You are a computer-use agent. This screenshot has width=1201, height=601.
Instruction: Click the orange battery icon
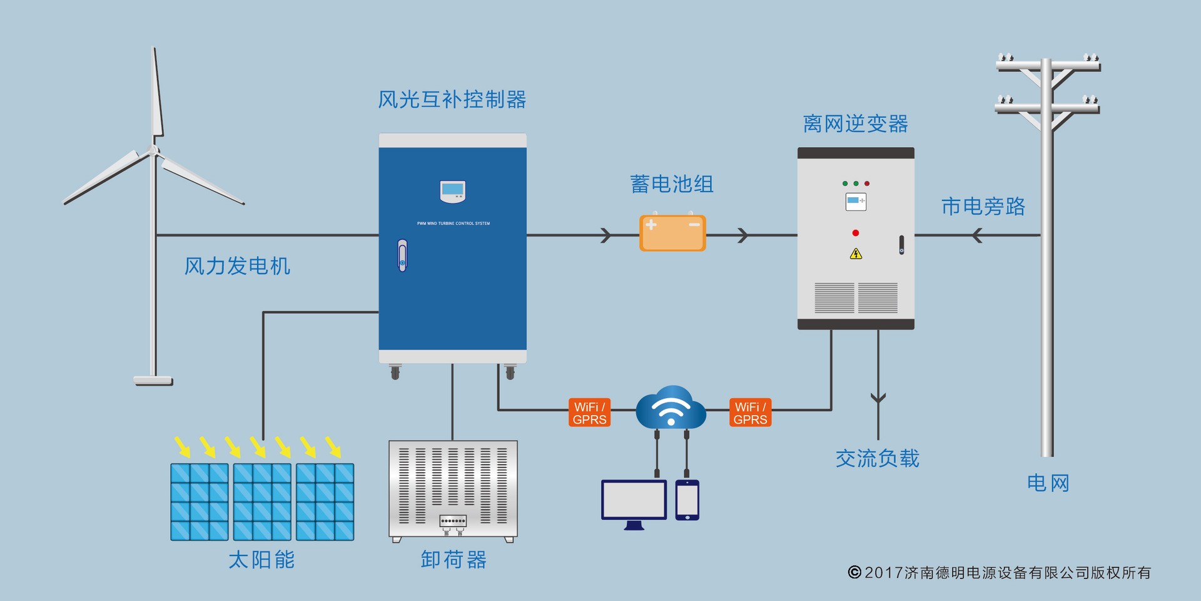[x=672, y=234]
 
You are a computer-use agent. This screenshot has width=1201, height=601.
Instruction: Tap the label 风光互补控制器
[x=452, y=100]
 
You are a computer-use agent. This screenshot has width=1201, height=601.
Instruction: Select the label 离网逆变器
[x=855, y=124]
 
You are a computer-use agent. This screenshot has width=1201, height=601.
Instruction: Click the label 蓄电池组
[x=671, y=184]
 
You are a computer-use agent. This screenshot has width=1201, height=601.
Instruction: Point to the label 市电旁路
[x=983, y=207]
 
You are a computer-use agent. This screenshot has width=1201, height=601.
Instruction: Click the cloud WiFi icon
[x=671, y=409]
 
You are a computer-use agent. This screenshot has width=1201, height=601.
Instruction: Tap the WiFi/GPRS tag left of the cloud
[x=589, y=413]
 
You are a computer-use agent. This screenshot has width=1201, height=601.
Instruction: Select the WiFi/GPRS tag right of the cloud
[x=750, y=413]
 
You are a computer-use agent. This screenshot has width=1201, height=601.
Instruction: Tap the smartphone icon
[x=687, y=500]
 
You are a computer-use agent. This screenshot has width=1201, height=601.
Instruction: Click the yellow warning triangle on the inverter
[x=856, y=254]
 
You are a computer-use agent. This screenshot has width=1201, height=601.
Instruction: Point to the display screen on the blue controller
[x=452, y=190]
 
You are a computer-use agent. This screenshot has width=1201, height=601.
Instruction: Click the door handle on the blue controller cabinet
[x=402, y=255]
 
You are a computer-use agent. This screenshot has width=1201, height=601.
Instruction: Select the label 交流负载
[x=877, y=459]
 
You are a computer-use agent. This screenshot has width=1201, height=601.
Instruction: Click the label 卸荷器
[x=453, y=560]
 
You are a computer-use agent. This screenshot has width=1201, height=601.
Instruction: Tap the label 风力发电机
[x=237, y=266]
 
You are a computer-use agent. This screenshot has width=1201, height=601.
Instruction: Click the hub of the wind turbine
[x=153, y=150]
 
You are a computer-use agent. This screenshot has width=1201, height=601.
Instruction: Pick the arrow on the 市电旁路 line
[x=977, y=235]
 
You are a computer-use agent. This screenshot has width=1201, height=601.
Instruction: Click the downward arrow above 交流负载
[x=878, y=398]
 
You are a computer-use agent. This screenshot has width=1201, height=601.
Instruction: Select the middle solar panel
[x=262, y=501]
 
